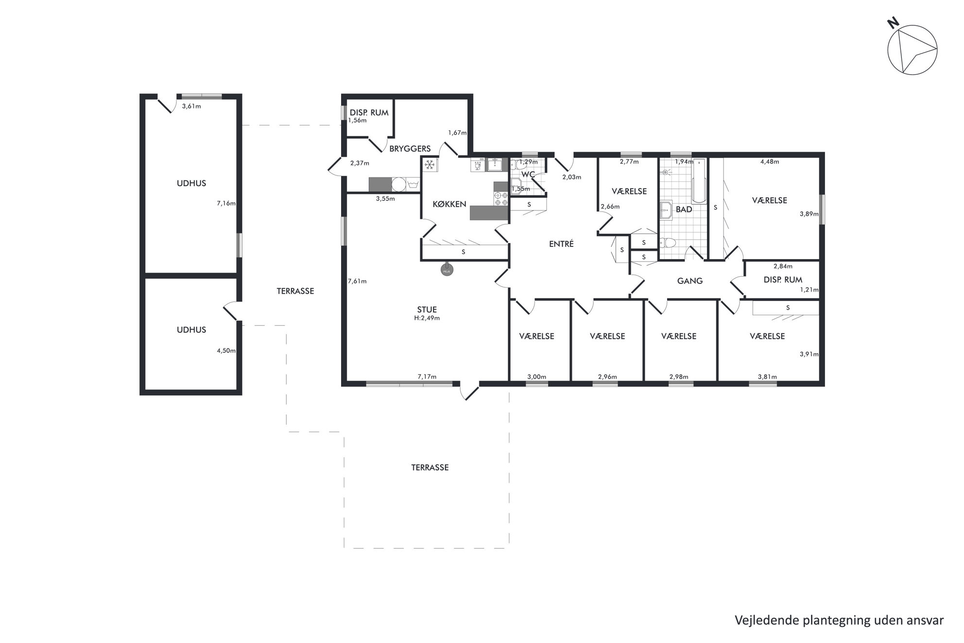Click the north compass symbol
[x=912, y=50]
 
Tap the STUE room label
[x=427, y=310]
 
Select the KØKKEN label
[x=449, y=204]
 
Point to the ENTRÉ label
[x=561, y=244]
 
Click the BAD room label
[x=684, y=209]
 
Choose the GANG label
[x=690, y=281]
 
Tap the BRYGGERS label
[x=410, y=149]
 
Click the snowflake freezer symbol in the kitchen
[x=429, y=165]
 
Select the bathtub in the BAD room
[x=699, y=180]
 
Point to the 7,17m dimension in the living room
[x=427, y=377]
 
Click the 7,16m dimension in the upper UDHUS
[x=226, y=204]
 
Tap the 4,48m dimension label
[x=770, y=162]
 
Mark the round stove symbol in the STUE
[x=447, y=270]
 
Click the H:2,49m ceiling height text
[x=427, y=318]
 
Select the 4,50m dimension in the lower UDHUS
[x=226, y=350]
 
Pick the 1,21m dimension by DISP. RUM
[x=809, y=290]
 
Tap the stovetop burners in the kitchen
[x=500, y=199]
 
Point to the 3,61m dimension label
[x=191, y=106]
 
